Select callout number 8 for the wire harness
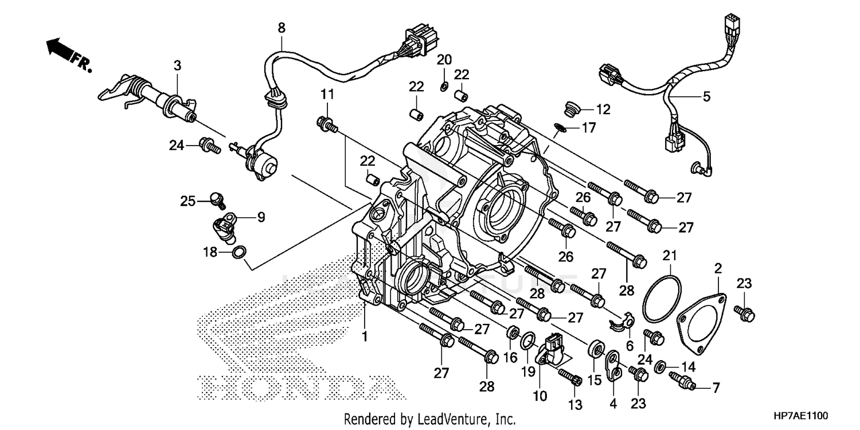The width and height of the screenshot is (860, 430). click(x=281, y=28)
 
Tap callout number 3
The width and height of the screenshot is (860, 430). click(x=178, y=65)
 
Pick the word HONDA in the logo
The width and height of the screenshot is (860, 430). click(x=292, y=388)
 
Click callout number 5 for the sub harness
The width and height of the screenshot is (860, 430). click(x=706, y=96)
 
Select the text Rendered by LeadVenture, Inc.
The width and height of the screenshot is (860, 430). click(x=430, y=419)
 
